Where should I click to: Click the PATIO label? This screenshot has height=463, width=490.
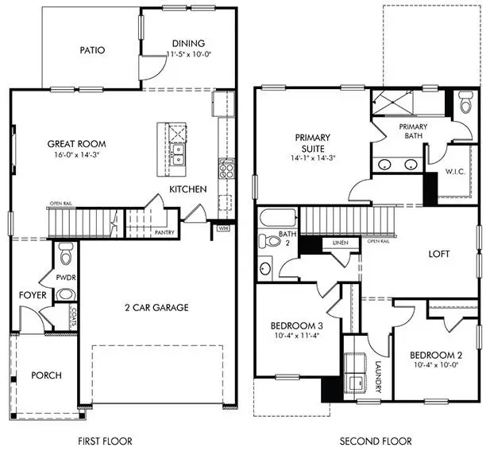(92, 50)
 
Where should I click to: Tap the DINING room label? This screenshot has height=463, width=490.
(187, 43)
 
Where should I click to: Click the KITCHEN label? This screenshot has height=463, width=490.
(187, 189)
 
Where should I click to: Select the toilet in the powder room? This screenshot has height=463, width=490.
(67, 255)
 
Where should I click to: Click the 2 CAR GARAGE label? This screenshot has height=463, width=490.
(156, 307)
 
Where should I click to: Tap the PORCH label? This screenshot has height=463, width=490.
(45, 375)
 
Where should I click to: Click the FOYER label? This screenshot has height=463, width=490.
(33, 295)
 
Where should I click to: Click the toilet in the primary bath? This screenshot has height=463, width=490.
(465, 103)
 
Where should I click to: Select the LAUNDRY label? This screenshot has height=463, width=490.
(380, 376)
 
